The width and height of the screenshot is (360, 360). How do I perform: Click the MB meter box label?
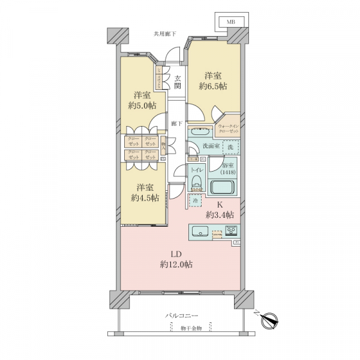pos(230,22)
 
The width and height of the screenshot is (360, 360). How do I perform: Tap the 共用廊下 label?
pos(164,34)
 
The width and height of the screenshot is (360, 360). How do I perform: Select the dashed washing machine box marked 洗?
pos(230,146)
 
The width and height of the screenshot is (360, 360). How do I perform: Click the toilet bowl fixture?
pos(196,183)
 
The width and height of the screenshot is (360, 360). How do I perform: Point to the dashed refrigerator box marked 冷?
pos(196,201)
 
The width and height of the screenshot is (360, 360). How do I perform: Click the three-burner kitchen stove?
pos(231,231)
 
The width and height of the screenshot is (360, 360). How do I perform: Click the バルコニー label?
pos(182,315)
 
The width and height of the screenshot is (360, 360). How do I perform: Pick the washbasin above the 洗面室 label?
pos(200,132)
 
